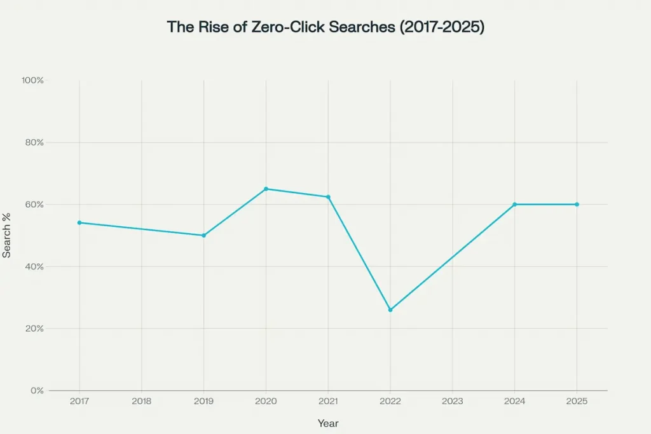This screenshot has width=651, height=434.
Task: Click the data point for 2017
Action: coord(79,222)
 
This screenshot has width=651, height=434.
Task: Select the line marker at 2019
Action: coord(203,235)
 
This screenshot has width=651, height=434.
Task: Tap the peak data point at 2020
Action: coord(266,189)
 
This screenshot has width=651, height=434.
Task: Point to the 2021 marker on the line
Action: coord(328,197)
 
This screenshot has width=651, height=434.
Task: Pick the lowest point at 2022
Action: coord(390,309)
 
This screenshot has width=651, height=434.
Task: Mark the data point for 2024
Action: coord(514,204)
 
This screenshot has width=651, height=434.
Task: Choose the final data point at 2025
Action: coord(577,204)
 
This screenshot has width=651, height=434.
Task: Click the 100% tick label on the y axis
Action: coord(32,81)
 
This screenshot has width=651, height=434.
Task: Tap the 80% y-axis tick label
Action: coord(34,142)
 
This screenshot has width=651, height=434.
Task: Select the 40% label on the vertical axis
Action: coord(34,266)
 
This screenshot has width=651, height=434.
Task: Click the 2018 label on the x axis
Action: coord(141,402)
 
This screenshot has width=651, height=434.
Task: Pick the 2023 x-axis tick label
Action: coord(453,402)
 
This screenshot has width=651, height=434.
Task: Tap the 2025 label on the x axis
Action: coord(577,402)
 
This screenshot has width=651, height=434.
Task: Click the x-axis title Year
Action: coord(328,422)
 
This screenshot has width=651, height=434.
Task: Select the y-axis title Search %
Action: coord(6,235)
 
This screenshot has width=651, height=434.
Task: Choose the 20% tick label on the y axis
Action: coord(34,329)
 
